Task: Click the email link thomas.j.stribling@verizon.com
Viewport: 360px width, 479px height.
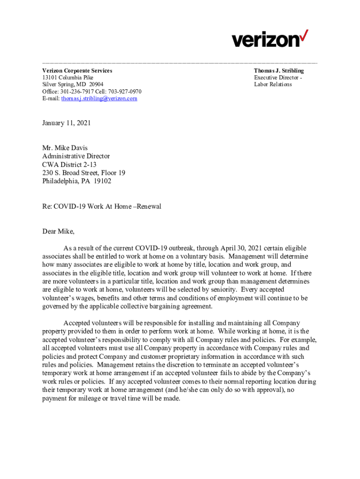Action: click(x=99, y=99)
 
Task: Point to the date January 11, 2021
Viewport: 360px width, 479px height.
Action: click(x=66, y=123)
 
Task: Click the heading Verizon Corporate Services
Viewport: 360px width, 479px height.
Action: click(x=77, y=71)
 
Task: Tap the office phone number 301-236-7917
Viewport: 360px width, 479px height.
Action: click(x=79, y=92)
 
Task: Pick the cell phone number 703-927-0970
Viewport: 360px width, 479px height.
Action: click(x=125, y=92)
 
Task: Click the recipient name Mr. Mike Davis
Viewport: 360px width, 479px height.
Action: click(x=65, y=148)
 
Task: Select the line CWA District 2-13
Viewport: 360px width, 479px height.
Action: click(x=69, y=164)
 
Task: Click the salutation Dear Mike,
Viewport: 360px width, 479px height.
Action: click(x=58, y=231)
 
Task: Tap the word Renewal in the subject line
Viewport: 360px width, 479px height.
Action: click(x=148, y=206)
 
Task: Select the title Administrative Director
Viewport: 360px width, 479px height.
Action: click(x=76, y=156)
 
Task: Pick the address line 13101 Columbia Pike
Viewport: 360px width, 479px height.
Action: click(x=68, y=78)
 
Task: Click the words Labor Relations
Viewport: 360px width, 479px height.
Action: click(x=273, y=85)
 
